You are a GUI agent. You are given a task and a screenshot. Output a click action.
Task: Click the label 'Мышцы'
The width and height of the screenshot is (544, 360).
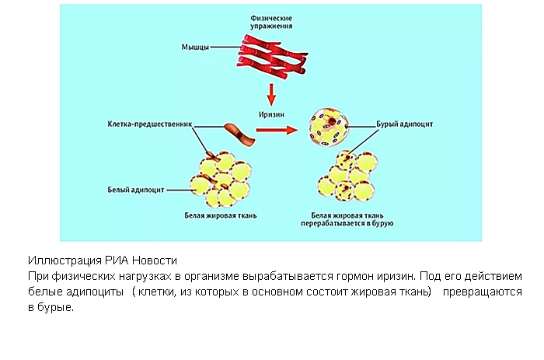[195, 47]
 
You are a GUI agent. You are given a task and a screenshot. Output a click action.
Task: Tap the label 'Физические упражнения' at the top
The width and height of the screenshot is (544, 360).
[271, 22]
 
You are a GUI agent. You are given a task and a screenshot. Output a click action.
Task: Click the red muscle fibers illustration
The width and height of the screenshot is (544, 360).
[272, 55]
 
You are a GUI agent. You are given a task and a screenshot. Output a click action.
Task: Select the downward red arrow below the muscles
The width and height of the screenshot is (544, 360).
[271, 94]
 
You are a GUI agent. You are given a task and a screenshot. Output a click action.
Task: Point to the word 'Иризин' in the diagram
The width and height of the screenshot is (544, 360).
[271, 114]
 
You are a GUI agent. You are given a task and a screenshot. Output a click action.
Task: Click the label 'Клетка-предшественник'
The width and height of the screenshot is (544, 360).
[149, 124]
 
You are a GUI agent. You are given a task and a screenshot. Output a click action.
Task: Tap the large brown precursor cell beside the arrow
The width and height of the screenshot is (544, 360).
[239, 135]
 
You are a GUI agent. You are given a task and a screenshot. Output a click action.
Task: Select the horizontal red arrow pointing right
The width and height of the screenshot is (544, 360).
[277, 130]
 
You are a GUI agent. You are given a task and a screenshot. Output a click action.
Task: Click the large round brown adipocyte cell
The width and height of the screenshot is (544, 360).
[328, 127]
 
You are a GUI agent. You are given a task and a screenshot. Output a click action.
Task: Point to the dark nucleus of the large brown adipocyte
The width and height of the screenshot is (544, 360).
[332, 121]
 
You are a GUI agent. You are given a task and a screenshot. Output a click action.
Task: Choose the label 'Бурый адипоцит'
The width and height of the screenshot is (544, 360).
[405, 124]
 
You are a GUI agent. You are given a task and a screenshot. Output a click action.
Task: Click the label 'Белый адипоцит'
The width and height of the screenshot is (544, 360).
[136, 190]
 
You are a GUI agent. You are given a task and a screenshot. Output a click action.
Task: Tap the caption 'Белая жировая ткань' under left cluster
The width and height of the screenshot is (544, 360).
[220, 215]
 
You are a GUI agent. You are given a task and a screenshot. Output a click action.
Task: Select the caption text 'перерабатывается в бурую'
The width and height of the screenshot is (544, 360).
[347, 223]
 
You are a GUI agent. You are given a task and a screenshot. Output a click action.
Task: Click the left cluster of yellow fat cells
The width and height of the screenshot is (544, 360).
[221, 180]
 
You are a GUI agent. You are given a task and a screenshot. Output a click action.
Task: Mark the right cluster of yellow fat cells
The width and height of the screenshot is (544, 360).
[347, 177]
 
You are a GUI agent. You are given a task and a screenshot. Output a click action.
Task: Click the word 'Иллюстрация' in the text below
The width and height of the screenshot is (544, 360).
[65, 260]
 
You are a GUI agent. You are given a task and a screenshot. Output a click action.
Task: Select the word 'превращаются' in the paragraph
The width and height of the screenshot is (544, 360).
[483, 292]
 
